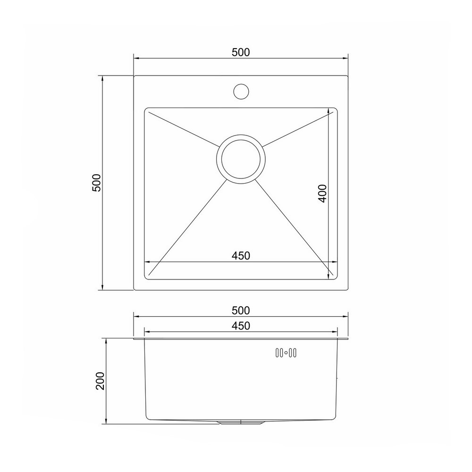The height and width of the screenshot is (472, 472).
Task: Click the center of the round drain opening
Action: click(241, 159)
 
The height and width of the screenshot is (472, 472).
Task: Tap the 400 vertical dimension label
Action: click(322, 193)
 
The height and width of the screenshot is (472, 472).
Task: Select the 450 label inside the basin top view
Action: click(241, 255)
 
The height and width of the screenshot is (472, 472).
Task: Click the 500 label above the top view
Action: click(241, 52)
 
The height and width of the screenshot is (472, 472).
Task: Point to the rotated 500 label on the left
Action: click(97, 183)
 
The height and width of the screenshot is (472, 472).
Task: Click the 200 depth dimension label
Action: click(100, 381)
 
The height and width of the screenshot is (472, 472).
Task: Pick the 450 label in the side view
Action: click(241, 326)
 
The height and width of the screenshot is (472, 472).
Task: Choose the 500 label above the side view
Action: click(241, 311)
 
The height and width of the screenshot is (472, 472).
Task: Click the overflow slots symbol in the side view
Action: click(286, 353)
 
